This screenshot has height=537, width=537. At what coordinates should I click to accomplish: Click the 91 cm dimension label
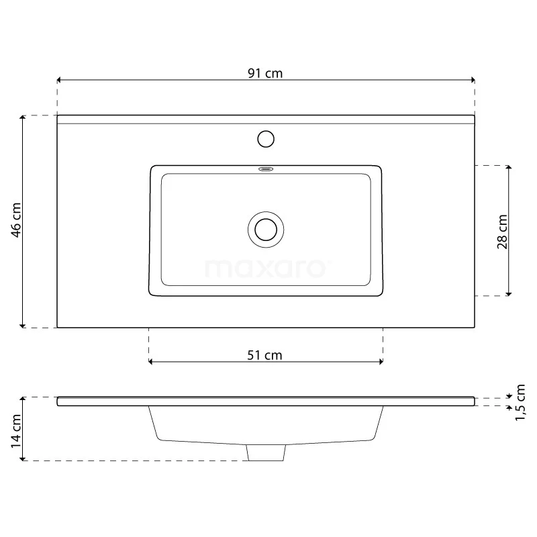(265, 74)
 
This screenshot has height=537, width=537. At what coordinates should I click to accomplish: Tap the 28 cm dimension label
(502, 232)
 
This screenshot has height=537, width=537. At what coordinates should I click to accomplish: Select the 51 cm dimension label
(265, 355)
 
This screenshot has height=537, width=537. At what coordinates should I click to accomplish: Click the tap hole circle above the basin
(266, 139)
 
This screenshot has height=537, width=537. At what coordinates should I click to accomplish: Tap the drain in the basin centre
(266, 229)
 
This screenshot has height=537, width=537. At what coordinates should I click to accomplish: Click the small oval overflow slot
(266, 169)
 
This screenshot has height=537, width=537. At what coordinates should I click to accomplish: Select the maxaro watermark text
(266, 268)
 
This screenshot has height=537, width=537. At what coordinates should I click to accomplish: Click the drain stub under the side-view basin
(266, 453)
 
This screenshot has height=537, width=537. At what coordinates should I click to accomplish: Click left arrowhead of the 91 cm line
(60, 80)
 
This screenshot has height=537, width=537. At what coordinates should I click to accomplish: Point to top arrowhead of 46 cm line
(23, 118)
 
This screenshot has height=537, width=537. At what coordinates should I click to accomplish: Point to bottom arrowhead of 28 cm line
(509, 293)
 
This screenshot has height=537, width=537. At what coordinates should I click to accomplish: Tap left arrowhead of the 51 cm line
(151, 362)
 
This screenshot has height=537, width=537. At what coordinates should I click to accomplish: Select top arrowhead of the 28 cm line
(509, 167)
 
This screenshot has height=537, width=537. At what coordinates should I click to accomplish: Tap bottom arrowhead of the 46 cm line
(23, 325)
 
